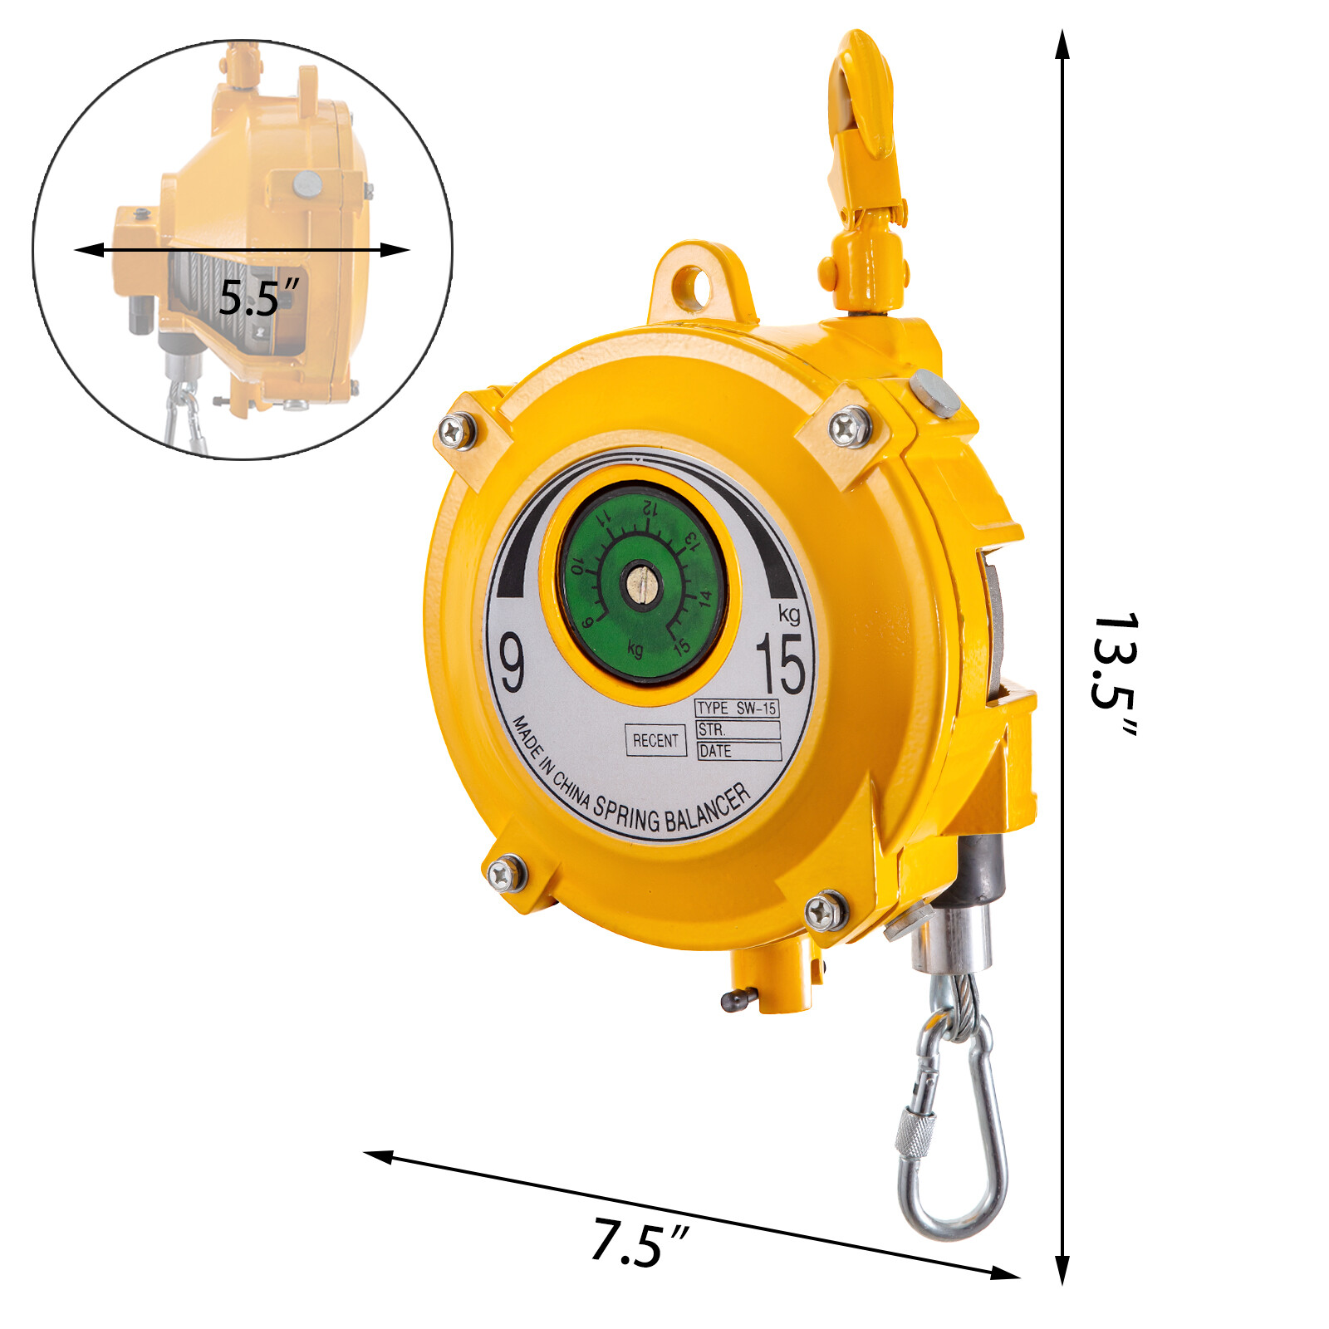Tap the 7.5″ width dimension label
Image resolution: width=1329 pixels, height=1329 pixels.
coord(640,1243)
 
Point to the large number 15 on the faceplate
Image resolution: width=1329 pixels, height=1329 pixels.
coord(781,664)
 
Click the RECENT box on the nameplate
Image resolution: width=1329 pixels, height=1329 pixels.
coord(655,740)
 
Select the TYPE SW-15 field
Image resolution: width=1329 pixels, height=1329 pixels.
coord(737,709)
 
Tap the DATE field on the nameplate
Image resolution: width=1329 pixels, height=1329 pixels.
coord(738,752)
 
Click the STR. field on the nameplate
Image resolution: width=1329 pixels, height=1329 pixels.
coord(738,730)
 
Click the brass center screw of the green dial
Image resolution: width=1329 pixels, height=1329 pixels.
coord(640,581)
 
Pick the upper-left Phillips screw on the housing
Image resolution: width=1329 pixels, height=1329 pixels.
coord(456,431)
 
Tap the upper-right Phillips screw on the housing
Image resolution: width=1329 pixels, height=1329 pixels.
coord(850,427)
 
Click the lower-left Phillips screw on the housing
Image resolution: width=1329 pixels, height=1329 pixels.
coord(505,874)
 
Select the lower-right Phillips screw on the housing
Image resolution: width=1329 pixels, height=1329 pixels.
coord(825,911)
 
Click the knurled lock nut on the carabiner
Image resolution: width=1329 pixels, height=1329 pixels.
coord(915,1135)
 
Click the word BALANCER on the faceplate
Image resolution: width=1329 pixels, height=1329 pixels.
coord(709,810)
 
